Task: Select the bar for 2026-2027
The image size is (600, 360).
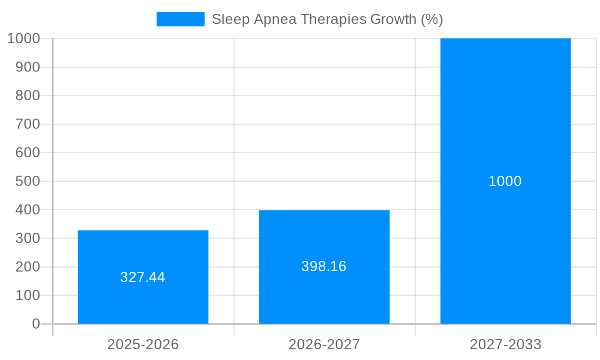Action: click(x=324, y=300)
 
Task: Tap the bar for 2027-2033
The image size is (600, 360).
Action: click(x=505, y=240)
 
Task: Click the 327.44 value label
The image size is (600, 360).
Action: click(x=143, y=277)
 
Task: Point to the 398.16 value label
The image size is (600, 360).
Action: click(x=324, y=266)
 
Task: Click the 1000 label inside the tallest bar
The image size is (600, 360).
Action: click(x=505, y=181)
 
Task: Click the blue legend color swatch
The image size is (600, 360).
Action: click(x=180, y=19)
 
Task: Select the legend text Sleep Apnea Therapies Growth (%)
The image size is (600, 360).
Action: click(x=327, y=19)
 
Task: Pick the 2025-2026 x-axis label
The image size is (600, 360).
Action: click(x=143, y=344)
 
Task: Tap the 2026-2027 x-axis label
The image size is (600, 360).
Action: click(x=324, y=344)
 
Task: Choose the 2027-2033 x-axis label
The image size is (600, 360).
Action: click(x=505, y=344)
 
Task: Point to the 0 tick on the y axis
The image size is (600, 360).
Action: click(x=36, y=324)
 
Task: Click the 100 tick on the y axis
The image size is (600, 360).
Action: click(x=28, y=295)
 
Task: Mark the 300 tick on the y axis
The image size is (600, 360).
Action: click(x=28, y=238)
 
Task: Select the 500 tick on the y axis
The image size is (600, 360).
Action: click(x=28, y=181)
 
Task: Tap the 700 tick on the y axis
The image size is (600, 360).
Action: click(x=28, y=124)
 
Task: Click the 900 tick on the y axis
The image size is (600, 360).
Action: click(x=28, y=67)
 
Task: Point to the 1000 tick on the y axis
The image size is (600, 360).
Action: click(x=24, y=38)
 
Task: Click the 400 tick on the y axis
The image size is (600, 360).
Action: click(x=28, y=210)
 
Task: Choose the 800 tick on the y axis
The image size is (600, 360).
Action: click(x=28, y=95)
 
